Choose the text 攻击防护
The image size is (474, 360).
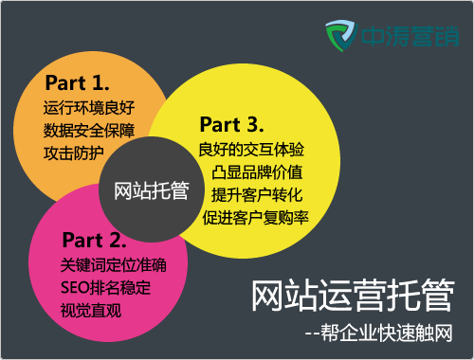click(74, 152)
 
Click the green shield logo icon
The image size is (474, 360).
click(340, 39)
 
